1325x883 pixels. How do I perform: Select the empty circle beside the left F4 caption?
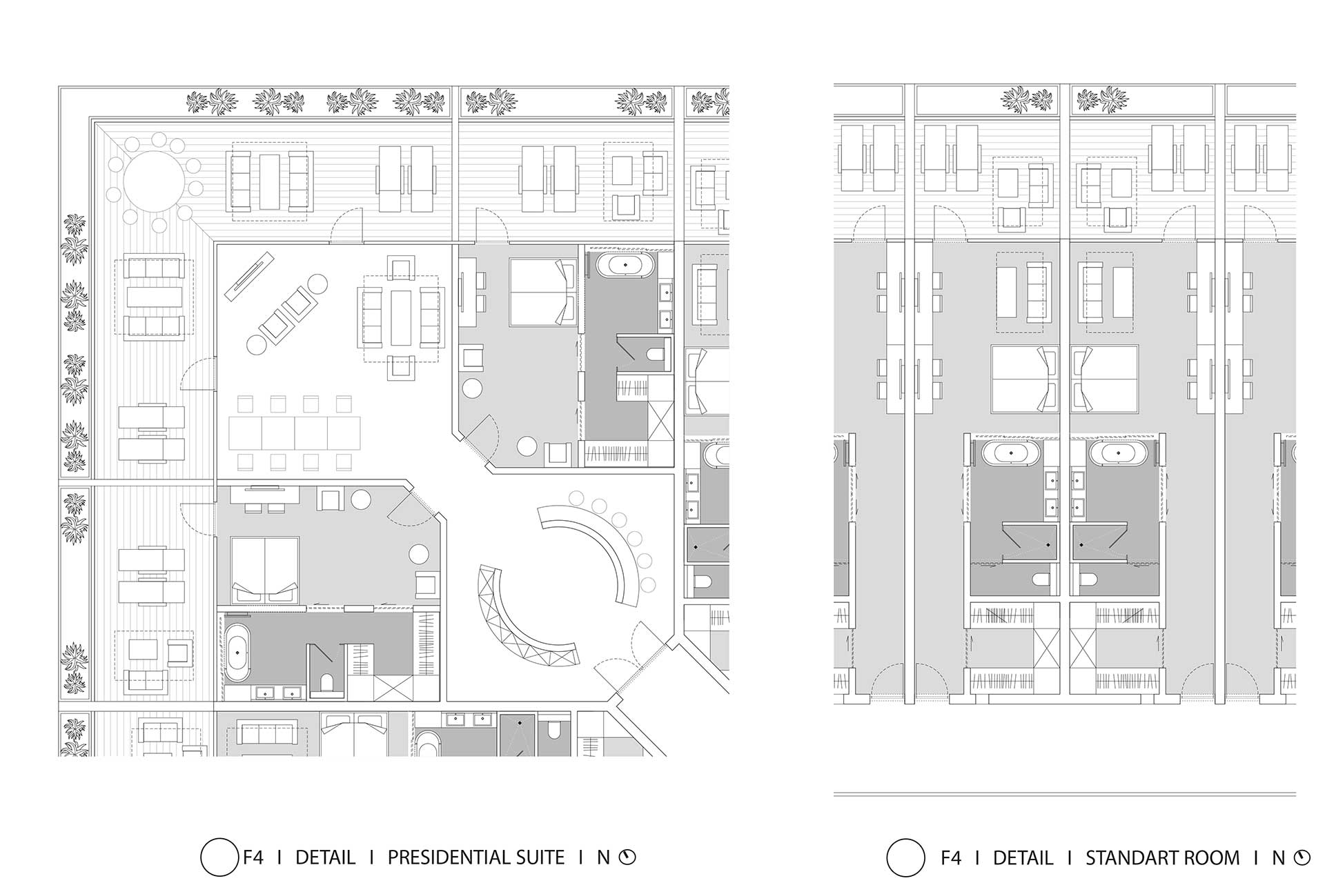[x=219, y=857]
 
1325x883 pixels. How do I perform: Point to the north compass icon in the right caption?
[x=1302, y=857]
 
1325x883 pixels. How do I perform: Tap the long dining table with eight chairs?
[x=295, y=433]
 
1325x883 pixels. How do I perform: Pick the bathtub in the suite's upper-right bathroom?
[x=626, y=265]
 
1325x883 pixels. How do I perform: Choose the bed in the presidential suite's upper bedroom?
[x=542, y=291]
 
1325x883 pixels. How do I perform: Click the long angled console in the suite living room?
[x=250, y=277]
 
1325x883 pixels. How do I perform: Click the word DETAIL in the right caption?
[x=1023, y=857]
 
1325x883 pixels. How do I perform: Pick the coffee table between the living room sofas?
[x=401, y=317]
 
